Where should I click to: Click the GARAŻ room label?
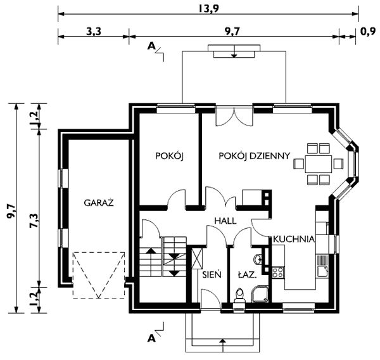point(99,203)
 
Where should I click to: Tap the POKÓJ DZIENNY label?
point(254,156)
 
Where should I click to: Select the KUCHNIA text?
point(294,239)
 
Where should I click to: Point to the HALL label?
point(225,221)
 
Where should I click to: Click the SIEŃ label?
point(212,274)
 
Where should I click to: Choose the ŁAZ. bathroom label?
point(247,275)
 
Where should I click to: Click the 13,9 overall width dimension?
point(209,9)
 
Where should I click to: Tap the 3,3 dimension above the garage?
point(94,32)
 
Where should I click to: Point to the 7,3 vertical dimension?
point(34,221)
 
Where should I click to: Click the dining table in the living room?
point(318,164)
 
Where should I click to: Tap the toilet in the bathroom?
point(239,296)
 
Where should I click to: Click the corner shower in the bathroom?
point(260,294)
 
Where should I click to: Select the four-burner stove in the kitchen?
point(278,272)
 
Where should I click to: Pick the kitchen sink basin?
point(322,271)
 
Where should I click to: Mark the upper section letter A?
point(151,46)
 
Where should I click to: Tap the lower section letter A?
point(151,338)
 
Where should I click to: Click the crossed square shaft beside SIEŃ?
point(196,258)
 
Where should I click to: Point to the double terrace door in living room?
point(234,116)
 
